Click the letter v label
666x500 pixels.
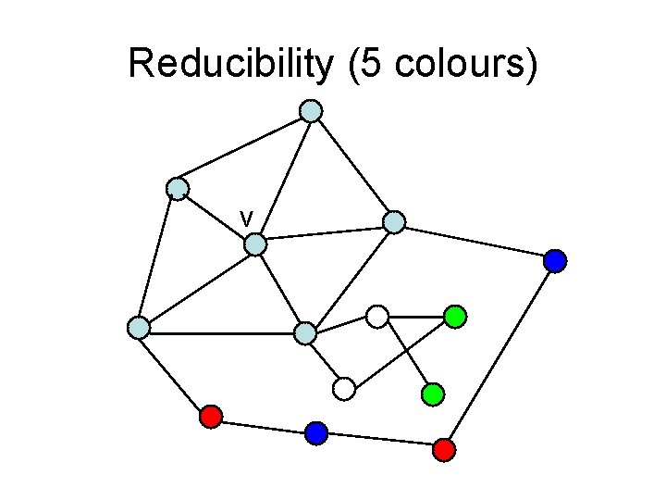246,218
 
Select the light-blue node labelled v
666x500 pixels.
255,244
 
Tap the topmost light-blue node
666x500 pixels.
312,111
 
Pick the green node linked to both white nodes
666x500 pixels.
454,317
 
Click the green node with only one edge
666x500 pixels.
433,394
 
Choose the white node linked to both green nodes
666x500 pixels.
376,317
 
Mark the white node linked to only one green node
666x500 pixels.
344,389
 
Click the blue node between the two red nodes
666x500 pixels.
316,432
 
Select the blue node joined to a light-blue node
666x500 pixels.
555,261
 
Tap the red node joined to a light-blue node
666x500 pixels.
211,417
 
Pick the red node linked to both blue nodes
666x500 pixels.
444,450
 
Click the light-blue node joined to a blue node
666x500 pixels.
394,222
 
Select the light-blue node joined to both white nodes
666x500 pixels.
305,333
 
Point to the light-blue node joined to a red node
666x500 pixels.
139,327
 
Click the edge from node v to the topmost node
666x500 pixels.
283,178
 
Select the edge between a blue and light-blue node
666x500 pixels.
475,242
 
